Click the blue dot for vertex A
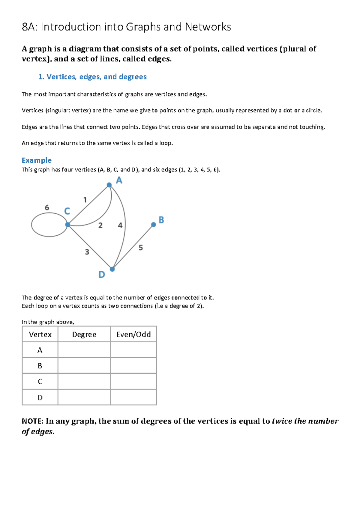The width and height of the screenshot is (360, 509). [109, 185]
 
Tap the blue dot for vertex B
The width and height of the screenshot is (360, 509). [154, 225]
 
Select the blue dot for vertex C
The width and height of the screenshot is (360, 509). [68, 224]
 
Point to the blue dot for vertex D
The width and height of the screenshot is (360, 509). [112, 269]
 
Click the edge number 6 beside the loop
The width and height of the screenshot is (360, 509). [47, 207]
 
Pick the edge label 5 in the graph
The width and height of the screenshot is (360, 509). [141, 248]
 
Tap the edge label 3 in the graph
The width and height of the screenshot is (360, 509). [87, 252]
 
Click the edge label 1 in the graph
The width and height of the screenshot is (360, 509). [85, 200]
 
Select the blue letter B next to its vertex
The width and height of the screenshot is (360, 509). [161, 220]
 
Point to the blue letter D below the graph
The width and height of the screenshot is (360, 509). [102, 275]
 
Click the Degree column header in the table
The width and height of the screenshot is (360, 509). [84, 335]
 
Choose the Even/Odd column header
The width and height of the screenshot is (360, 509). [133, 335]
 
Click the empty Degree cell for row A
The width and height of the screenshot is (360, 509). [84, 350]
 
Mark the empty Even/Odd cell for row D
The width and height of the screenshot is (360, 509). [133, 397]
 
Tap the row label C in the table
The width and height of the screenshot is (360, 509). [40, 382]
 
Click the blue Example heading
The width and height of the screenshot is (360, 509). [37, 160]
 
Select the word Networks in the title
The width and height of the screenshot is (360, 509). [208, 27]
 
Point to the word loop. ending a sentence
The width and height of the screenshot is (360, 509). [166, 143]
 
